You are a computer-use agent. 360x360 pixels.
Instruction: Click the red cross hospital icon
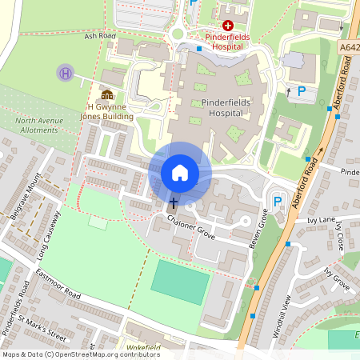[x=228, y=26]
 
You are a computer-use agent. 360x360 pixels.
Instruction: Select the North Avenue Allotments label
[x=38, y=126]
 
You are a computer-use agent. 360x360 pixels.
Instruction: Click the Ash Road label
[x=101, y=36]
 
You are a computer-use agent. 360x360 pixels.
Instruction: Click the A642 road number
[x=350, y=47]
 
